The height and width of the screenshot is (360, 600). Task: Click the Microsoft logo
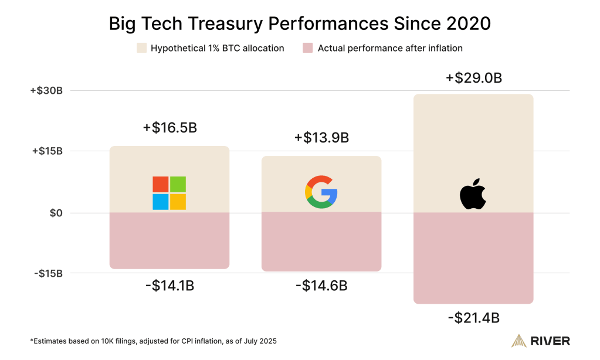click(169, 193)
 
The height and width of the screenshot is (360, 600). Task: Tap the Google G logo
click(321, 193)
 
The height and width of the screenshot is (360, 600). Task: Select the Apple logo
click(473, 195)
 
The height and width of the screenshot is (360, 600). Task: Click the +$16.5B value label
click(169, 128)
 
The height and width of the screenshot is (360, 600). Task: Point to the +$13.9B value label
click(321, 138)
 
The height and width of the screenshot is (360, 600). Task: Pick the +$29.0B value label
click(473, 78)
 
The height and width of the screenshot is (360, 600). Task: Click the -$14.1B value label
click(169, 286)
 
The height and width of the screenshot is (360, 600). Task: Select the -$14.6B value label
click(321, 286)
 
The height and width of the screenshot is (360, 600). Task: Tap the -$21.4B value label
click(473, 318)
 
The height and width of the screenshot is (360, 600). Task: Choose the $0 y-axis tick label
click(55, 213)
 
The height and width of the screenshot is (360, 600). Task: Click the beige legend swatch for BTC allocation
click(141, 48)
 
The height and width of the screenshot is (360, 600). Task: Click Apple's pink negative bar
click(473, 257)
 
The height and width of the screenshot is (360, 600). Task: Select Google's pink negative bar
click(321, 241)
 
